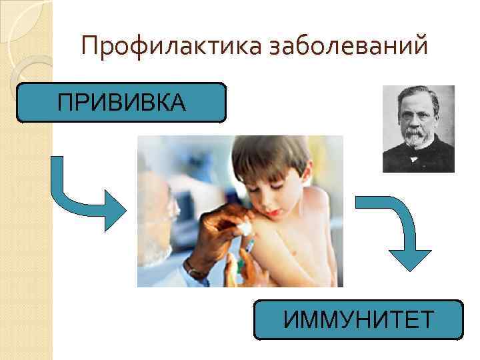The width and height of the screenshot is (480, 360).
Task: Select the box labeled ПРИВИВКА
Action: pyautogui.click(x=122, y=103)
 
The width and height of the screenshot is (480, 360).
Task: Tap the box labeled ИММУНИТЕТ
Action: pyautogui.click(x=359, y=320)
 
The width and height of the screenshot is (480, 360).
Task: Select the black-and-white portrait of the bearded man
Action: pyautogui.click(x=418, y=129)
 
